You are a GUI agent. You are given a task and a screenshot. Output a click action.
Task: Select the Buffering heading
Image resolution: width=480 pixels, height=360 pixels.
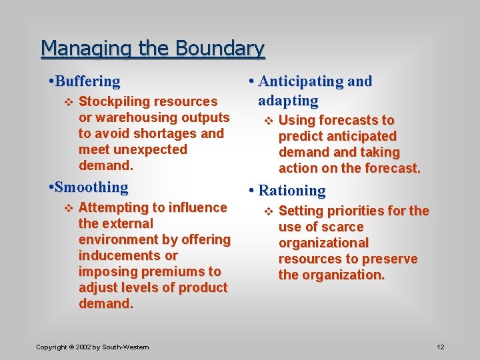[x=88, y=82]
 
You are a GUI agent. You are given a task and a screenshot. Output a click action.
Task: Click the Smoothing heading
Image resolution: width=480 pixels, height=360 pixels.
[x=92, y=187]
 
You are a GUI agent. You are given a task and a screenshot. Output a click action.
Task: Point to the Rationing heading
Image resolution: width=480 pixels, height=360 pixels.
[x=292, y=191]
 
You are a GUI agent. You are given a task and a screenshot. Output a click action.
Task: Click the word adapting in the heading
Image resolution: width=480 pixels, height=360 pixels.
[x=288, y=101]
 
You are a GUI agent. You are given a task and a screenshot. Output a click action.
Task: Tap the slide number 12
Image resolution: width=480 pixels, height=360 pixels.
[x=440, y=347]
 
